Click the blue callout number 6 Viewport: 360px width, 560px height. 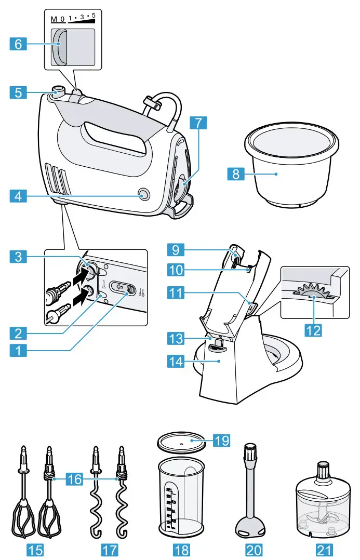click(18, 44)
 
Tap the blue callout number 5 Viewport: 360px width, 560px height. click(18, 93)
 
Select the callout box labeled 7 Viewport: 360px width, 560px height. click(198, 123)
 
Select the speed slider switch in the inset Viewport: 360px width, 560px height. click(59, 45)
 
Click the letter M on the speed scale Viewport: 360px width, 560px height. click(54, 19)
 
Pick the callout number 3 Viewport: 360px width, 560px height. click(18, 256)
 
